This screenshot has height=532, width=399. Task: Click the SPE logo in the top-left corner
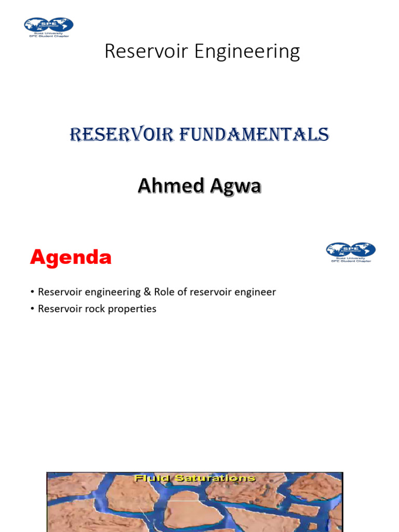tap(48, 26)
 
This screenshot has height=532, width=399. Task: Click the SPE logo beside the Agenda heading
tap(351, 252)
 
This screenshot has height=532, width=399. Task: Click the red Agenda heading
tap(71, 257)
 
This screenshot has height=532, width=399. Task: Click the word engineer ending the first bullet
tap(255, 292)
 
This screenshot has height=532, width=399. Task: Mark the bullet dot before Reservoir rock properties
tap(32, 309)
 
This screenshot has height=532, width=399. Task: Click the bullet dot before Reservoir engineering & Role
tap(32, 292)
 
